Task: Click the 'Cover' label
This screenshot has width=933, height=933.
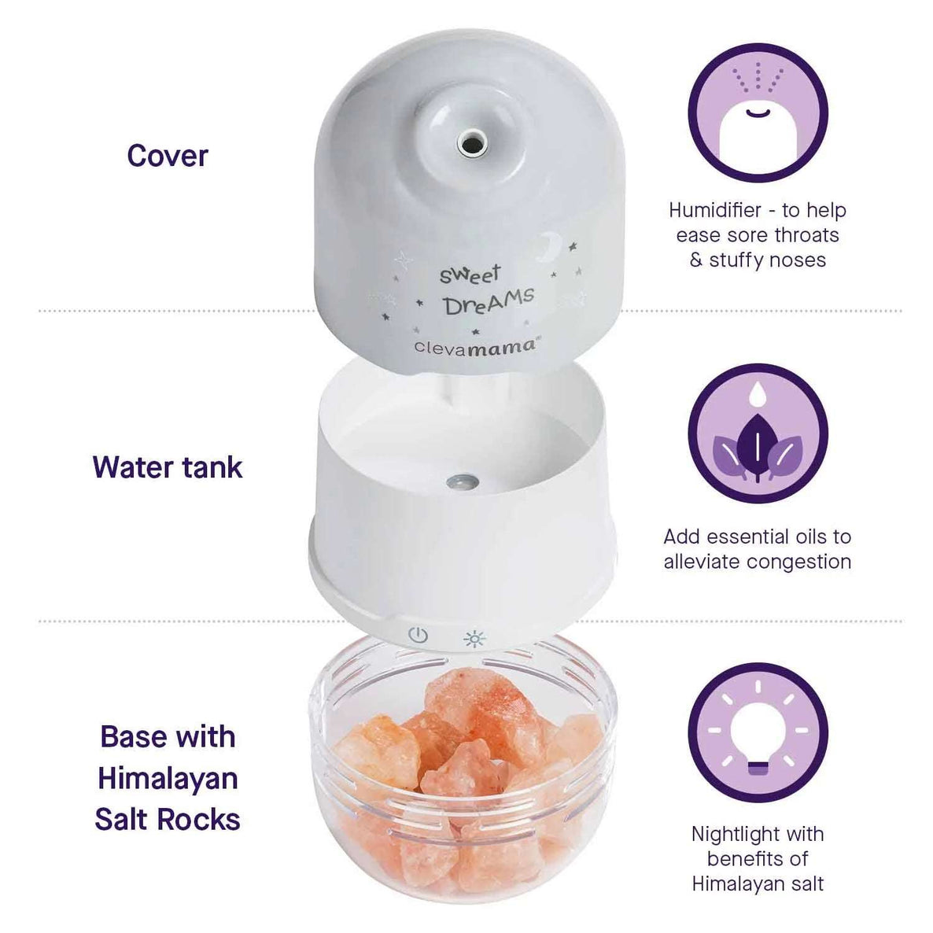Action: pos(168,156)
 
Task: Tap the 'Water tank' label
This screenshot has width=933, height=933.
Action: pos(168,467)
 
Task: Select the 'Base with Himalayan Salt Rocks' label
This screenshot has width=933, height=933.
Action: pos(168,778)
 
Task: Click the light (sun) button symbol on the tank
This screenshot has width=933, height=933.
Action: pos(474,638)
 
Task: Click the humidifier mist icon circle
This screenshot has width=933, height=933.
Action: pos(758,112)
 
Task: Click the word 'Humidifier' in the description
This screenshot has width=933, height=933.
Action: pos(715,211)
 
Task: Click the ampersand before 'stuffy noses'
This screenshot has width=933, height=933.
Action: pos(696,260)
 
